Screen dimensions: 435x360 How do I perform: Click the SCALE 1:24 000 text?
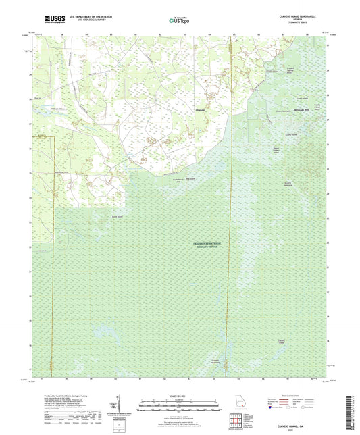coord(180,395)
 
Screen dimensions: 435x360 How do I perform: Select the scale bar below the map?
coord(180,407)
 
